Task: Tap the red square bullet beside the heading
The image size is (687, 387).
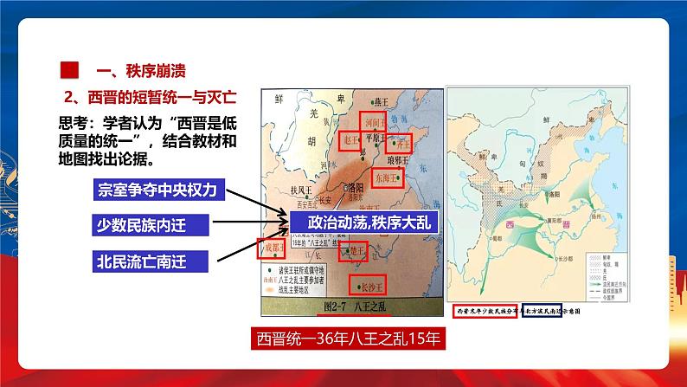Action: coord(65,70)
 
